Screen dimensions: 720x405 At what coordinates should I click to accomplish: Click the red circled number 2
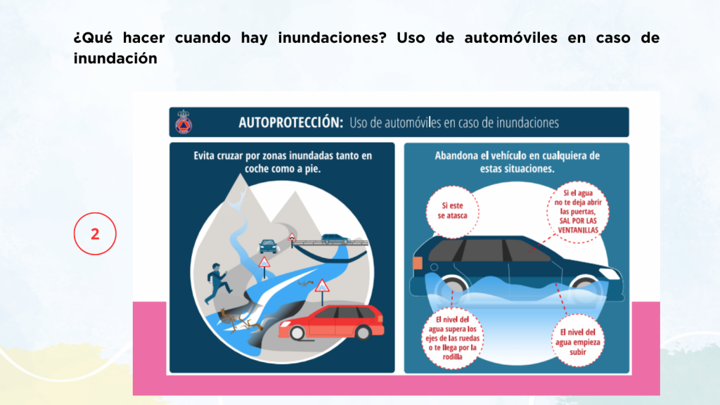click(x=95, y=233)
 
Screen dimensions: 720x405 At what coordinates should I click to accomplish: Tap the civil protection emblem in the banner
click(x=184, y=122)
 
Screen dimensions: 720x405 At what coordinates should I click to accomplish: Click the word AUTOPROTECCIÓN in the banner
click(x=290, y=122)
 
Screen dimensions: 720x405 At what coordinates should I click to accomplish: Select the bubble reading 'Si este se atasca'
click(x=452, y=212)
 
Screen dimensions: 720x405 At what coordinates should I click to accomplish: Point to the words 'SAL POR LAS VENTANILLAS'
click(x=578, y=226)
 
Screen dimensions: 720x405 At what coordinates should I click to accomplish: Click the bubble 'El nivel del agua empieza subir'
click(x=578, y=341)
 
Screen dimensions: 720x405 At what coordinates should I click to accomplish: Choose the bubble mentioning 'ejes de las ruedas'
click(x=452, y=338)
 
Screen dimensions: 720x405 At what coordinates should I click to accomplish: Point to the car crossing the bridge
click(x=335, y=239)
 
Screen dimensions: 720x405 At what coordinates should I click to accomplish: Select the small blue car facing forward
click(x=269, y=247)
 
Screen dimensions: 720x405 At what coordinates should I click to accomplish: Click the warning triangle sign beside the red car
click(x=322, y=287)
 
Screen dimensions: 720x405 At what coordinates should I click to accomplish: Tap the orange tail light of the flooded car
click(x=418, y=263)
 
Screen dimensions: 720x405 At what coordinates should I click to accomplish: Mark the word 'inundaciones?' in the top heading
click(x=332, y=38)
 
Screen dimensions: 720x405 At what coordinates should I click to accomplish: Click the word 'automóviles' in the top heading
click(x=510, y=38)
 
